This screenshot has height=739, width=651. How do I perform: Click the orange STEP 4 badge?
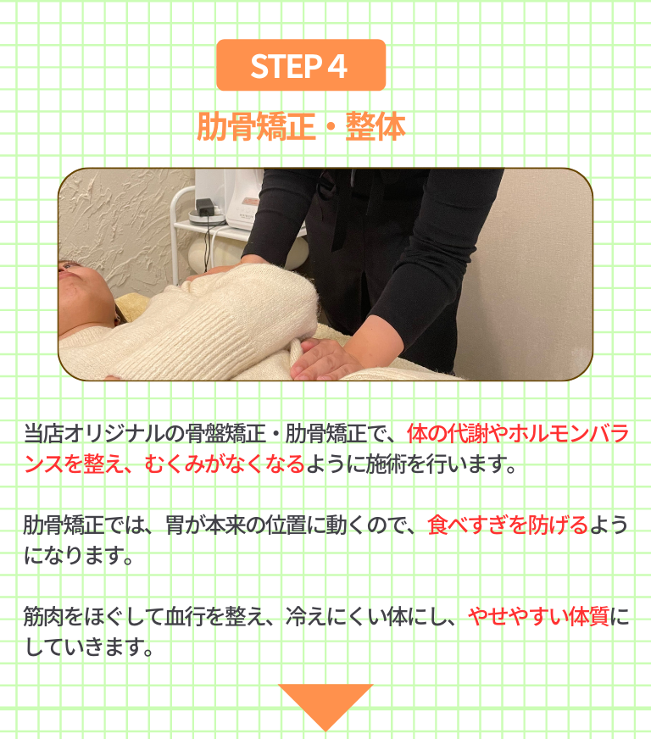(x=301, y=65)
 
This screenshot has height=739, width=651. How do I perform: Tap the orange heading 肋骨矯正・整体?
(x=301, y=126)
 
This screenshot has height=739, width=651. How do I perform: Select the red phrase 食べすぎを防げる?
(x=508, y=525)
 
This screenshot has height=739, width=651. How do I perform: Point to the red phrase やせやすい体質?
(x=538, y=616)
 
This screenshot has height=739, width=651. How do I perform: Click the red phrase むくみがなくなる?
(x=225, y=464)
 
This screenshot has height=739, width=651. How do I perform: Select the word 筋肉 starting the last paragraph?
(x=43, y=616)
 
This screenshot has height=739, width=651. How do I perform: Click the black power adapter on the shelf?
(x=205, y=208)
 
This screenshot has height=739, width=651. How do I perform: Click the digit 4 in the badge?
(x=337, y=66)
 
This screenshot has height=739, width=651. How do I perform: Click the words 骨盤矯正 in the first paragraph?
(x=225, y=434)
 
